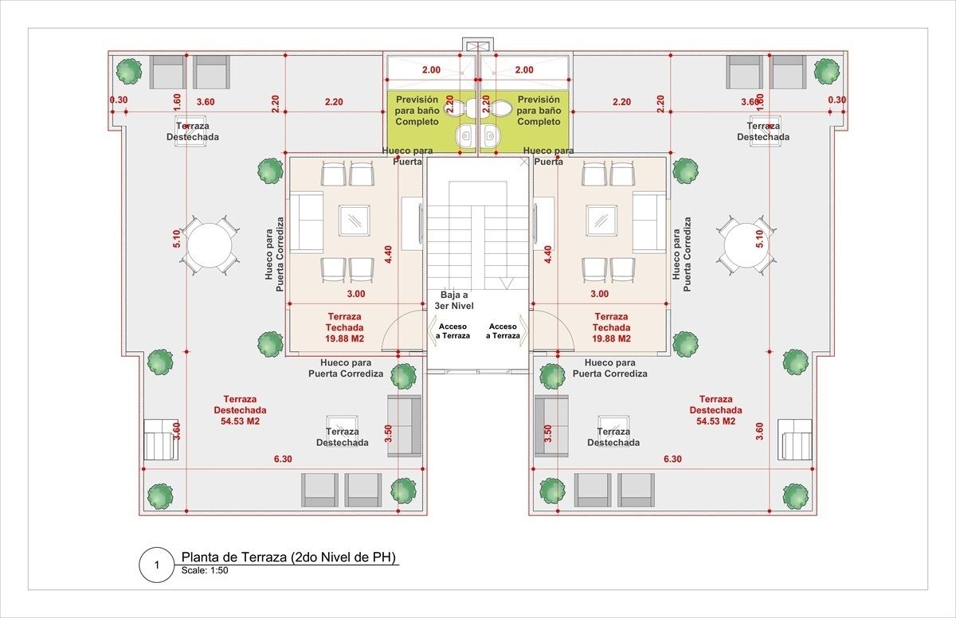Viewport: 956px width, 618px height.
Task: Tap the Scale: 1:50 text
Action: pyautogui.click(x=205, y=571)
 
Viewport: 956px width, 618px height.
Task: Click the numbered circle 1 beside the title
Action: pyautogui.click(x=157, y=565)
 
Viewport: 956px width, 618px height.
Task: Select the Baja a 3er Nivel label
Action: pyautogui.click(x=454, y=300)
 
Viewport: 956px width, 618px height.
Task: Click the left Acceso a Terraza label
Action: pyautogui.click(x=453, y=331)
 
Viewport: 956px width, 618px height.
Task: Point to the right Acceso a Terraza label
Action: pyautogui.click(x=503, y=331)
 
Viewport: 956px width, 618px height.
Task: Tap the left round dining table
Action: pyautogui.click(x=210, y=245)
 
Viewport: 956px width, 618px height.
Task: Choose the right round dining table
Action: pyautogui.click(x=746, y=245)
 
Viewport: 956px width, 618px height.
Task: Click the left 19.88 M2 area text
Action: pyautogui.click(x=344, y=338)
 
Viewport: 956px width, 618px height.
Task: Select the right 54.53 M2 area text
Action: pyautogui.click(x=715, y=421)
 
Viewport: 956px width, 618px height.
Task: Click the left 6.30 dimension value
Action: pyautogui.click(x=283, y=459)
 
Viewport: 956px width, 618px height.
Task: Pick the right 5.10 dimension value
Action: pyautogui.click(x=758, y=239)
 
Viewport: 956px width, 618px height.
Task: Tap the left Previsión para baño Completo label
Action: pyautogui.click(x=417, y=111)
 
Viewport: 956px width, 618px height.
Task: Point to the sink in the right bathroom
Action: pyautogui.click(x=491, y=135)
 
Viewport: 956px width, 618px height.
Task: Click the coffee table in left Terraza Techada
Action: pyautogui.click(x=355, y=220)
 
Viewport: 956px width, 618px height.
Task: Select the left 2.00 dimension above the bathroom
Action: pyautogui.click(x=432, y=70)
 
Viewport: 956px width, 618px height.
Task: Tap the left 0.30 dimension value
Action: pyautogui.click(x=119, y=100)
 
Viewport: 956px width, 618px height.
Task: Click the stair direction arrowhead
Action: pyautogui.click(x=507, y=284)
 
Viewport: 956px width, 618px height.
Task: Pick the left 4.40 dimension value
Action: pyautogui.click(x=388, y=254)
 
